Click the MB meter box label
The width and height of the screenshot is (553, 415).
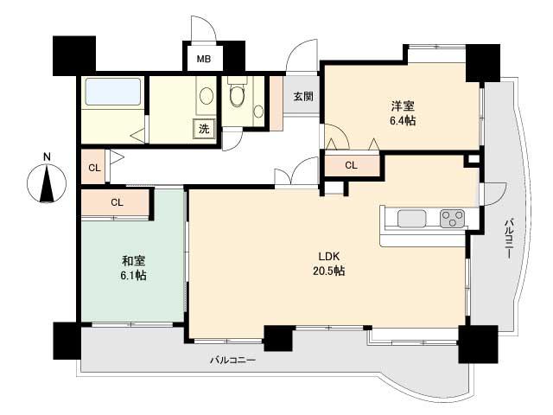click(203, 60)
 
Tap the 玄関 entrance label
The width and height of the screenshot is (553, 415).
click(302, 96)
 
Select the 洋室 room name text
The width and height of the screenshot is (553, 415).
click(401, 106)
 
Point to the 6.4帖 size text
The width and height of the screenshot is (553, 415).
click(402, 121)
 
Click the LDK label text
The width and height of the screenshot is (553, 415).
click(328, 256)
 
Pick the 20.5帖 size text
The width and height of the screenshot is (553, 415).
click(328, 271)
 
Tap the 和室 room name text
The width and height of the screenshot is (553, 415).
click(132, 259)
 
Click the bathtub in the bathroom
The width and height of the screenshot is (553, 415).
click(112, 93)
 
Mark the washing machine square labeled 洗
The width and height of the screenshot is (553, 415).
click(204, 129)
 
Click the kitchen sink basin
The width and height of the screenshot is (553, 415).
click(411, 219)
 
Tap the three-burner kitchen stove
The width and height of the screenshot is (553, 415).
click(452, 219)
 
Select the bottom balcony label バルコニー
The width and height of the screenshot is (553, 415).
click(232, 360)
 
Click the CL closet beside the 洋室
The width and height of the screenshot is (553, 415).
click(351, 164)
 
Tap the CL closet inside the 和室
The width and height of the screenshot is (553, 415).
click(117, 202)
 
